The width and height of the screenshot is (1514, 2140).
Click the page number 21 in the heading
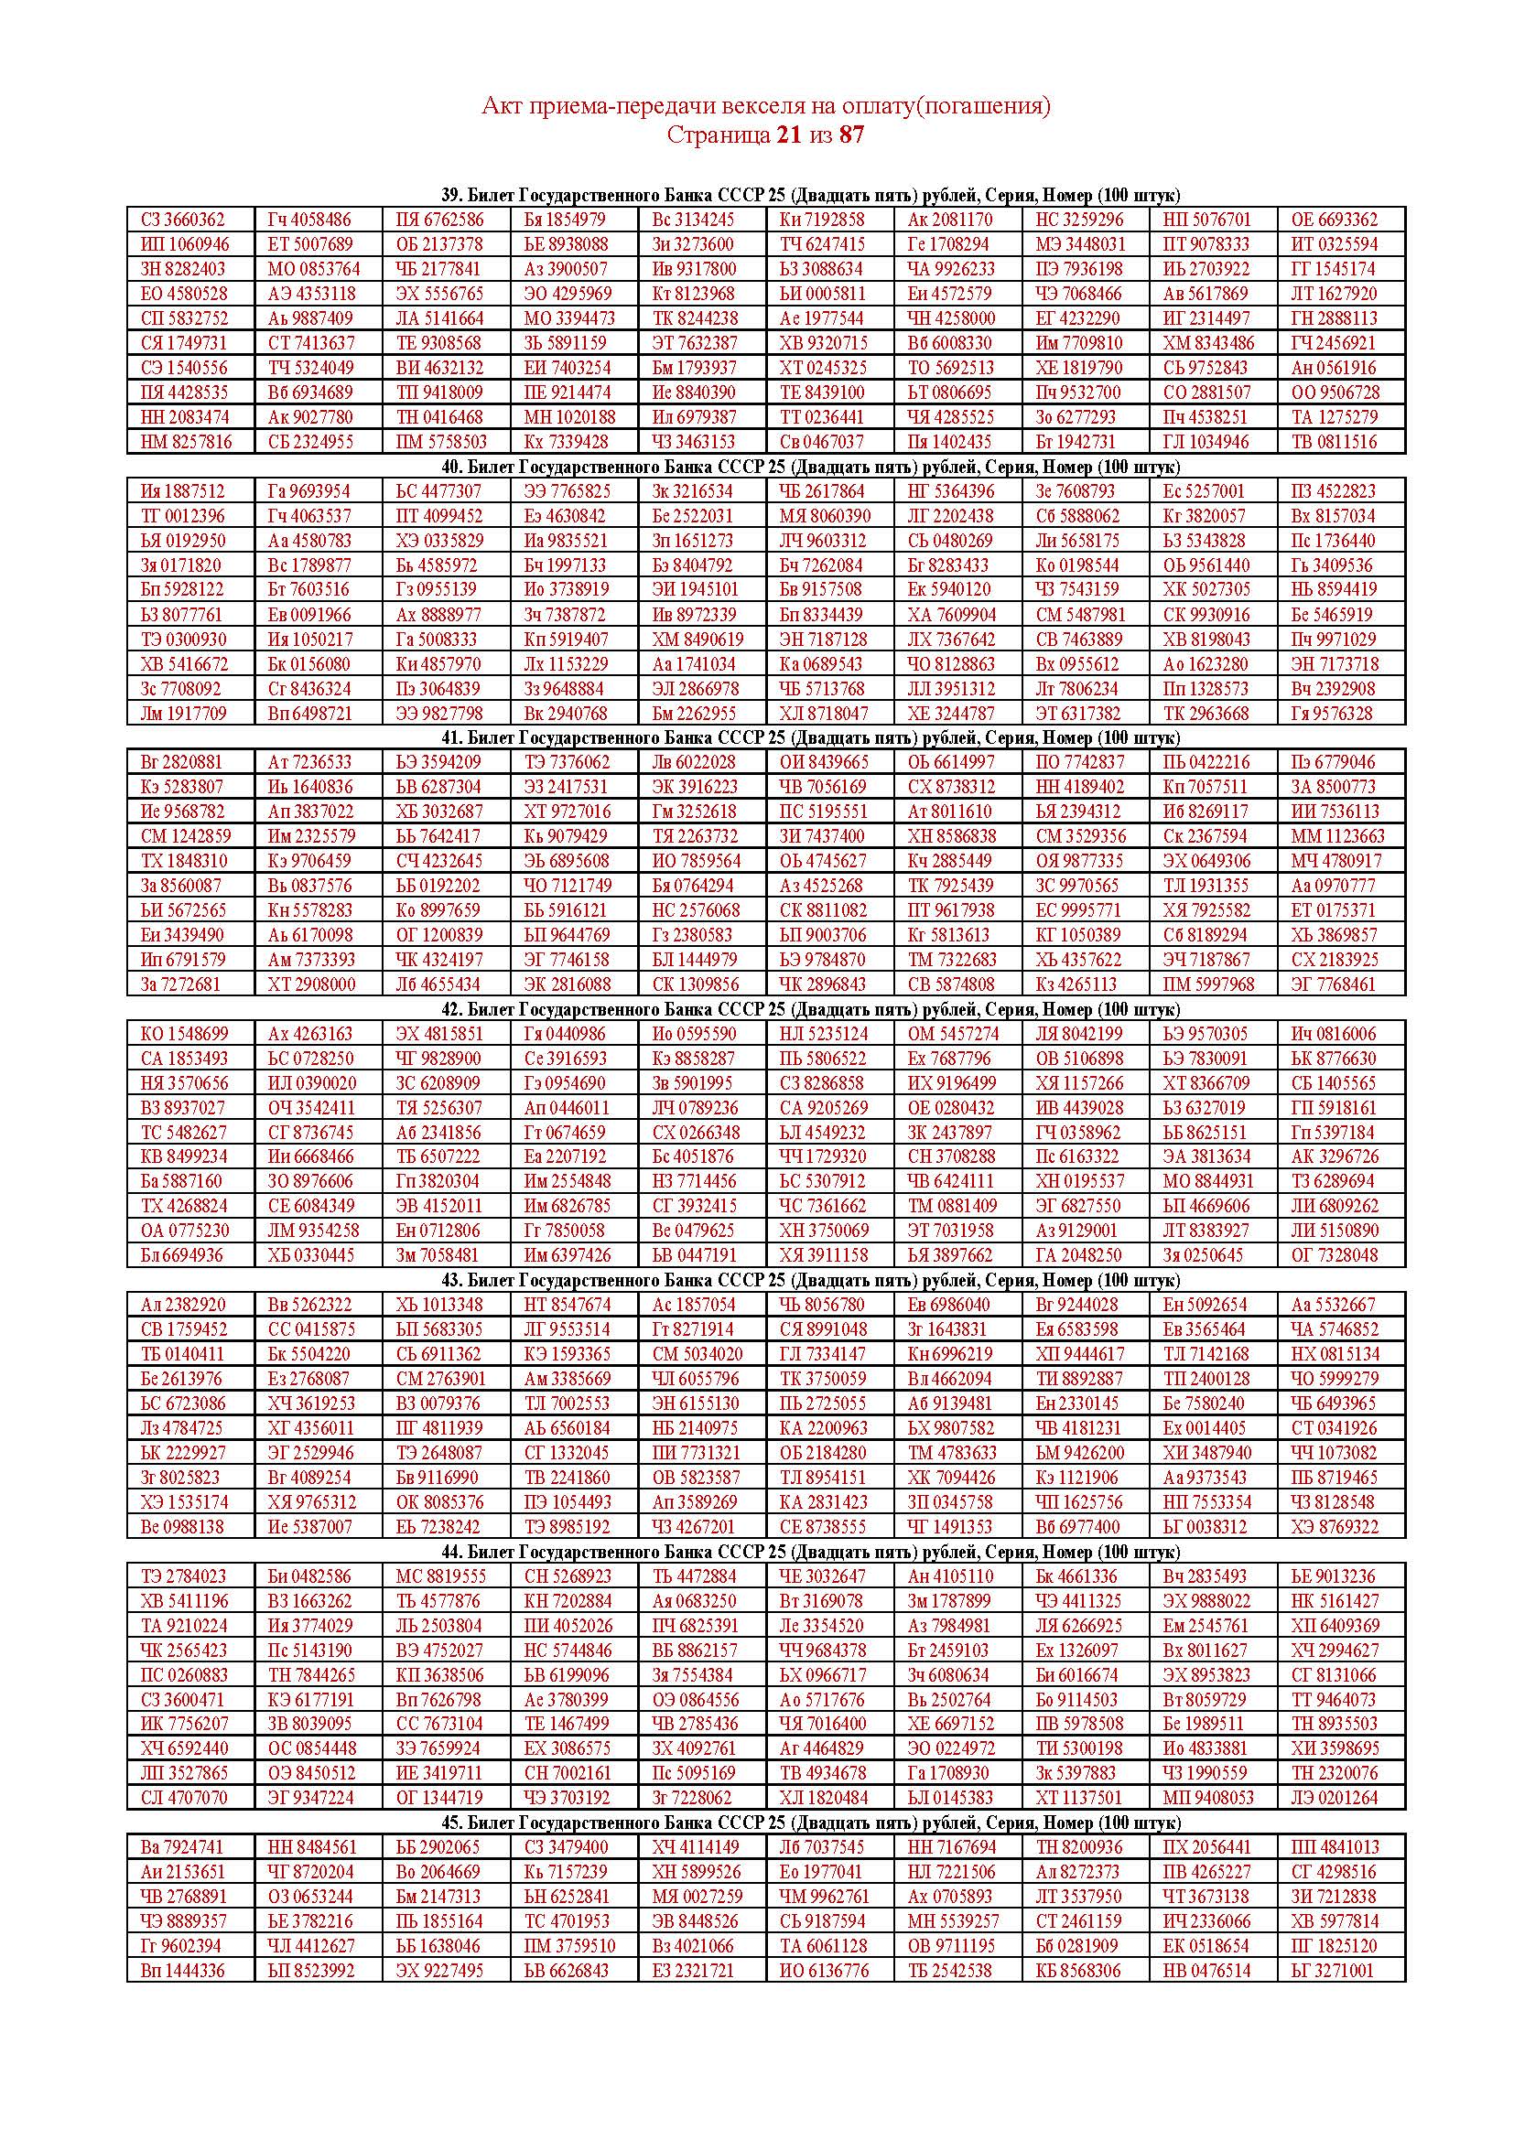(788, 135)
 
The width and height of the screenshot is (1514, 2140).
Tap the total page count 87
(851, 135)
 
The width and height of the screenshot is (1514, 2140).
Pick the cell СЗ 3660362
(183, 220)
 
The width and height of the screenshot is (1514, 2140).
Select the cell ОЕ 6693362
(1334, 220)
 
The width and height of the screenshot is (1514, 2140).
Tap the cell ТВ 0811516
(1334, 442)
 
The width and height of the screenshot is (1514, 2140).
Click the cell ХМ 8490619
(698, 640)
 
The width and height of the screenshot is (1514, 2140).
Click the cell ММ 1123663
(1338, 836)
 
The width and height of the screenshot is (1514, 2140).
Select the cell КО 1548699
(184, 1034)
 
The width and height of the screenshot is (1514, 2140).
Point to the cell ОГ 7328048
(1334, 1255)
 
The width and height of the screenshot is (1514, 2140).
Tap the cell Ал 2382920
(183, 1305)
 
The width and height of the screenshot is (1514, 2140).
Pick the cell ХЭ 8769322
(1334, 1527)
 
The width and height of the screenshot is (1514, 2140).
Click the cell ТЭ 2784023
(183, 1576)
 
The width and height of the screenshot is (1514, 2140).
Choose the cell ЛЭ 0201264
(1334, 1798)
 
